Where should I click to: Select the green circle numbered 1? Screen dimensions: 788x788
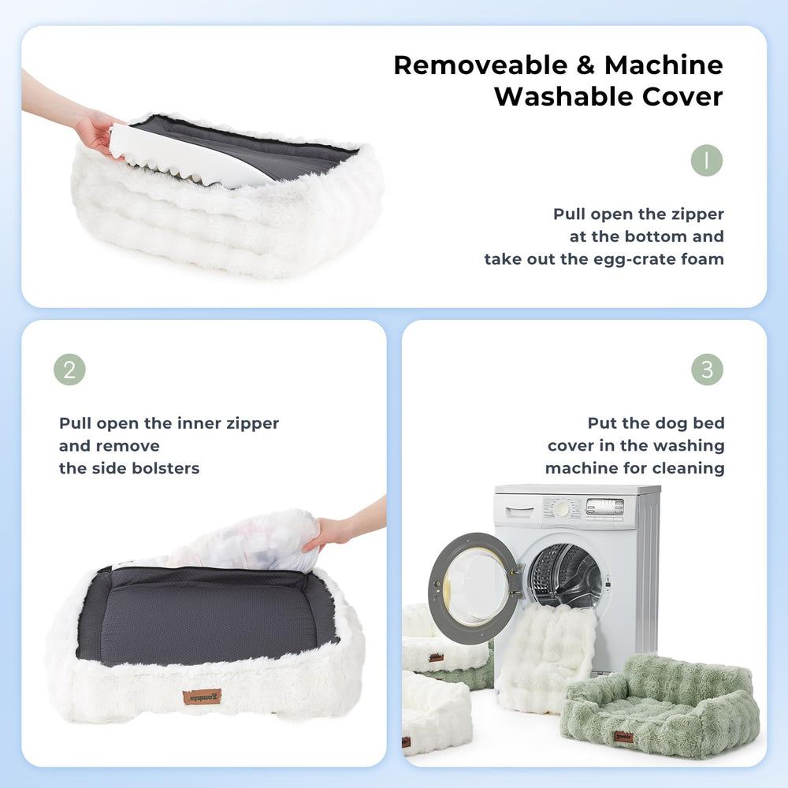[x=707, y=161]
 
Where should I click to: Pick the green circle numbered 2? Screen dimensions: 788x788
[x=69, y=370]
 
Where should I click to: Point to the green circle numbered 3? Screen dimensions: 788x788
[x=707, y=370]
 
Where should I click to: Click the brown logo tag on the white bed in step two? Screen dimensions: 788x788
[x=202, y=697]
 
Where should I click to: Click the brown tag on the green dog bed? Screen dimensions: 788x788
[x=623, y=737]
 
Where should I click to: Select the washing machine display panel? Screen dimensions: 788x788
[x=604, y=507]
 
